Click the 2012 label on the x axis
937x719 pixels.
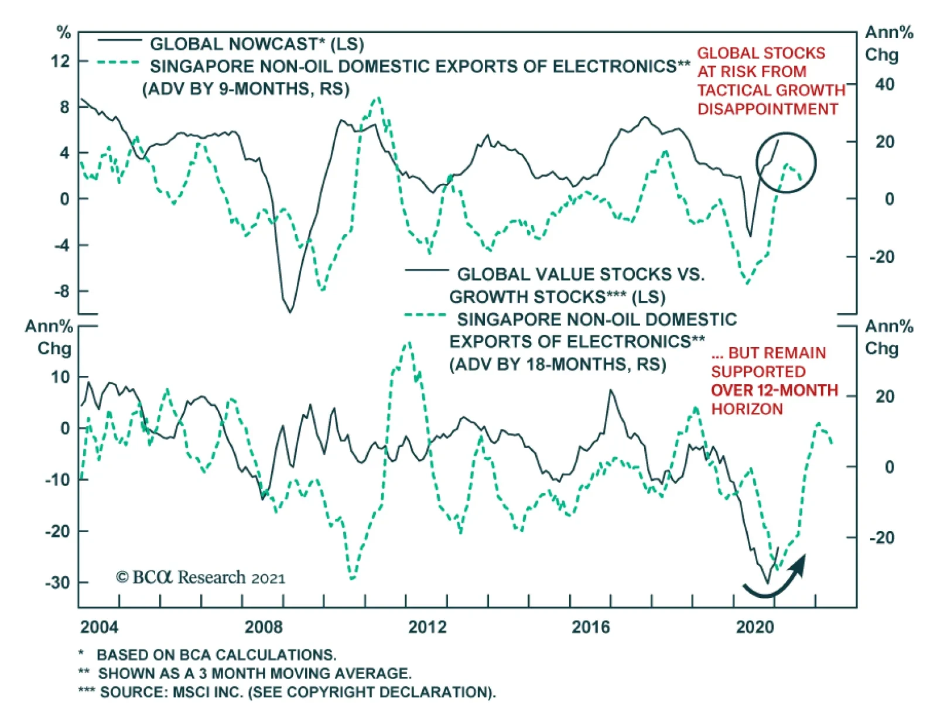click(x=427, y=627)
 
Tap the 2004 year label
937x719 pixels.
click(x=100, y=627)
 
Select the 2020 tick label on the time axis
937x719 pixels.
click(x=755, y=627)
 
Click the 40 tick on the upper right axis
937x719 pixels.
click(x=885, y=85)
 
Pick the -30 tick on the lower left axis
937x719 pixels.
click(x=59, y=583)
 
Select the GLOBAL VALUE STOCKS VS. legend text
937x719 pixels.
click(x=580, y=274)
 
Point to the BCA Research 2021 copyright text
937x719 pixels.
click(x=200, y=577)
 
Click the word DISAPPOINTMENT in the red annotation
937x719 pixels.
click(x=767, y=109)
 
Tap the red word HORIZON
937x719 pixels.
click(x=747, y=409)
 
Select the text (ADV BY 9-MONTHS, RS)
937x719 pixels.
click(x=246, y=89)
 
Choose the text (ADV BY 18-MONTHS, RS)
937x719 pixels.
click(x=558, y=364)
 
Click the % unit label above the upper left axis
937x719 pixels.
click(x=63, y=32)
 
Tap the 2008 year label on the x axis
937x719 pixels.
click(x=264, y=627)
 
